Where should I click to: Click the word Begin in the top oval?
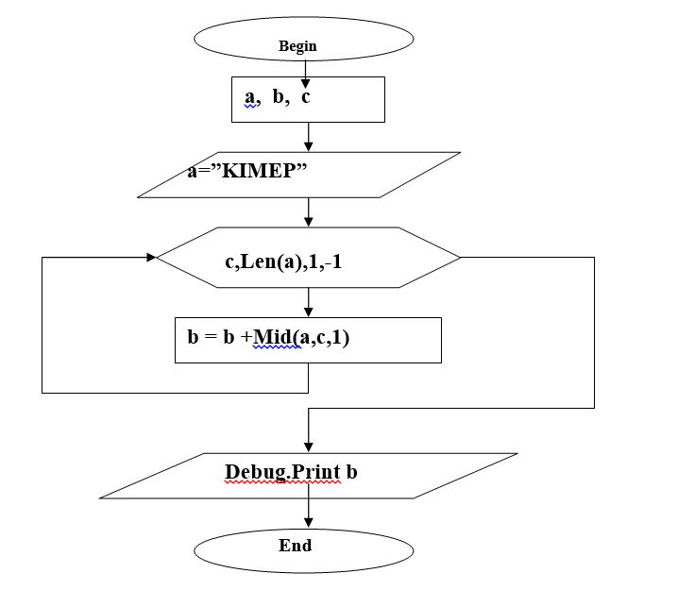297,46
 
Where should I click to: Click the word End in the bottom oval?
295,546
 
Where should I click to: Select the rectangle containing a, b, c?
308,100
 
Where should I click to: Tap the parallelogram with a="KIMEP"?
298,175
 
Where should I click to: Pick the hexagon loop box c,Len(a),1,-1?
308,257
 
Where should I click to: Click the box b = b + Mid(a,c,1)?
308,340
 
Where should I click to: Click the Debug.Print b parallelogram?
308,475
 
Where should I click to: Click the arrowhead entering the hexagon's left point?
150,257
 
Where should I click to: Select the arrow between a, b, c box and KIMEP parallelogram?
308,137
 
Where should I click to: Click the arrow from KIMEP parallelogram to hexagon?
308,212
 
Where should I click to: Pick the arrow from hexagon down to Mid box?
308,302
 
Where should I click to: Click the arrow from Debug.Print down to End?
308,514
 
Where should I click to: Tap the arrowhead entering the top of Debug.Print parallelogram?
308,447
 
